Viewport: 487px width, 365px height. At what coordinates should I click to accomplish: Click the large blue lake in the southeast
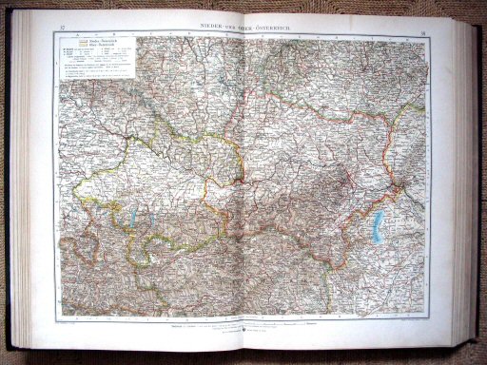(380, 225)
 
